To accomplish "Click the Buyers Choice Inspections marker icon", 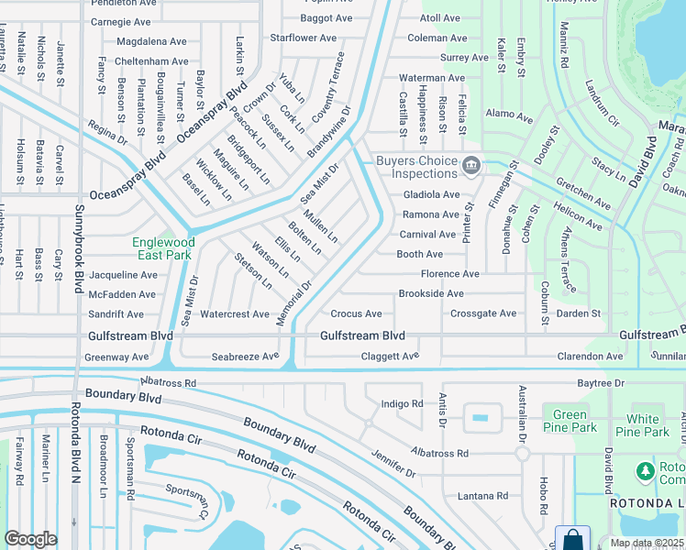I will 471,165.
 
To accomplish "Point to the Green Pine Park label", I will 570,421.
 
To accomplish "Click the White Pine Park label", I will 642,425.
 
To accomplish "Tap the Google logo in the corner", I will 30,539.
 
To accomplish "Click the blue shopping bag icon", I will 572,538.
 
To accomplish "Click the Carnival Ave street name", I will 426,235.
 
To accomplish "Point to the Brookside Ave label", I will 431,294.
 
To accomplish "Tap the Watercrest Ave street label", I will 235,314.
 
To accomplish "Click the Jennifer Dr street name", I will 393,464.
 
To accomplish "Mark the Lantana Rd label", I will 470,496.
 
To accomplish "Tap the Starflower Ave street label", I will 305,38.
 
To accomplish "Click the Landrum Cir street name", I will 603,101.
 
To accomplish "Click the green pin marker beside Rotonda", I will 644,470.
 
